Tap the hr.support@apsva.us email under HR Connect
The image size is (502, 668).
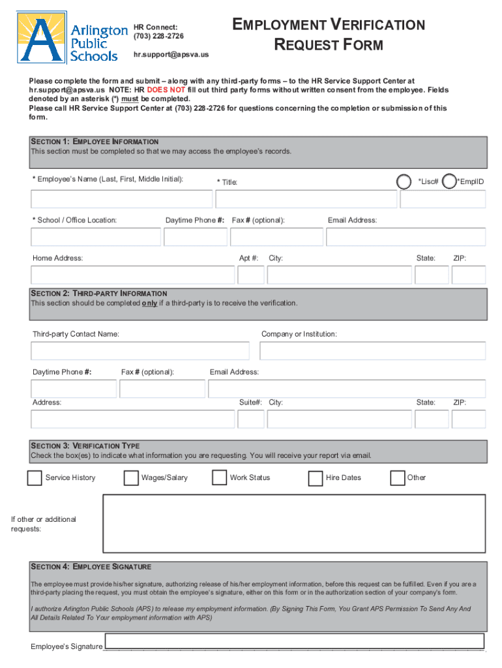[171, 55]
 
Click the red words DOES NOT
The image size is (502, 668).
[166, 90]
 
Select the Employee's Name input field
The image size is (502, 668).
[121, 199]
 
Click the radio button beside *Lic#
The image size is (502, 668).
[404, 181]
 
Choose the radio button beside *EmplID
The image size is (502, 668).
[449, 181]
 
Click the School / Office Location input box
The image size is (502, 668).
[95, 237]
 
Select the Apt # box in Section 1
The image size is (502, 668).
[251, 275]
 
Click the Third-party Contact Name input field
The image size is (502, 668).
[140, 351]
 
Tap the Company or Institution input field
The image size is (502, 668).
[372, 351]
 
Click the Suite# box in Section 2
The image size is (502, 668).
[251, 419]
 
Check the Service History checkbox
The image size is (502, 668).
[35, 478]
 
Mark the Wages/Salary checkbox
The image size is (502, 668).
[130, 478]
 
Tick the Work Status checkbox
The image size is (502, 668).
[219, 478]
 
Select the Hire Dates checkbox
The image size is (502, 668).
[315, 478]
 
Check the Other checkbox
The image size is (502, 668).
[397, 478]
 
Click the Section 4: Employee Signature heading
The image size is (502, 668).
[91, 567]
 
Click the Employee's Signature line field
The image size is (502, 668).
[294, 641]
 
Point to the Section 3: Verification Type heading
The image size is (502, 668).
[85, 446]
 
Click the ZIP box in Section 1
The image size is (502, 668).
[468, 275]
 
